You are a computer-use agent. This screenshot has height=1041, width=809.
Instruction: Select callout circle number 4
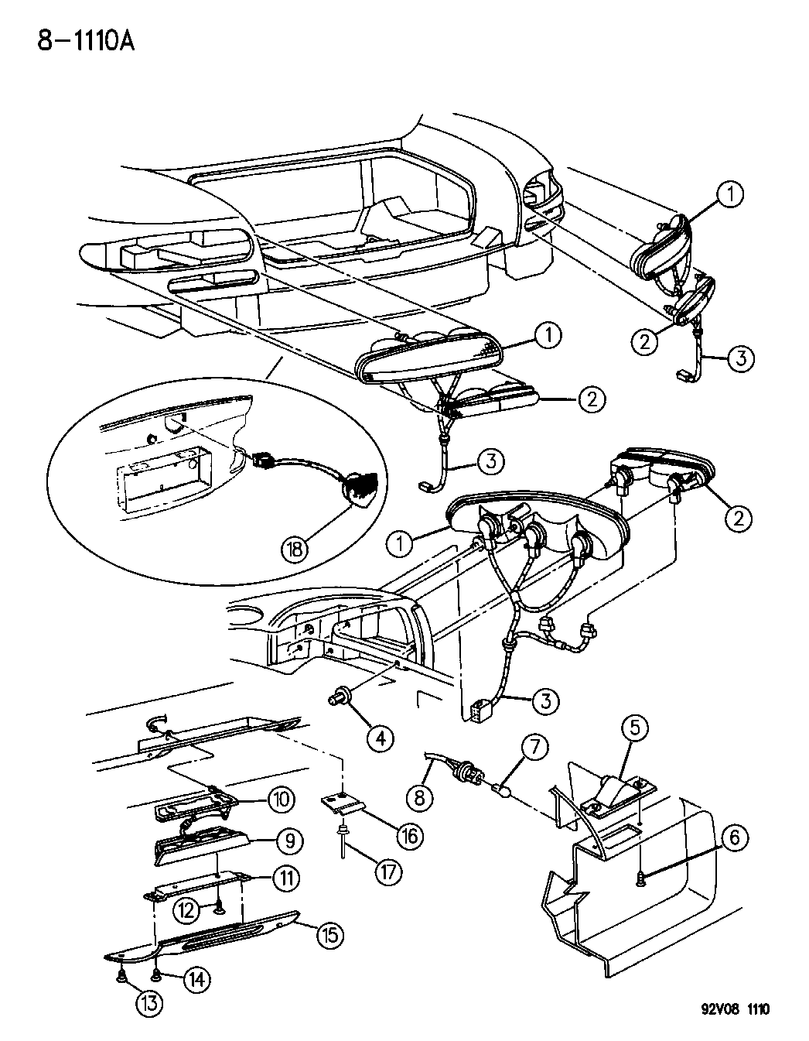tap(381, 738)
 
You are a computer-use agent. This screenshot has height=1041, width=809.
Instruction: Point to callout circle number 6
tap(735, 836)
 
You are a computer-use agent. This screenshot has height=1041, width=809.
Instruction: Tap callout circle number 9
tap(288, 840)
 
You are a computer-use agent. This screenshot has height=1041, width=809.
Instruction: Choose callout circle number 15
tap(329, 934)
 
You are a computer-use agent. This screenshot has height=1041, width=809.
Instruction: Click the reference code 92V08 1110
tap(730, 1009)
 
